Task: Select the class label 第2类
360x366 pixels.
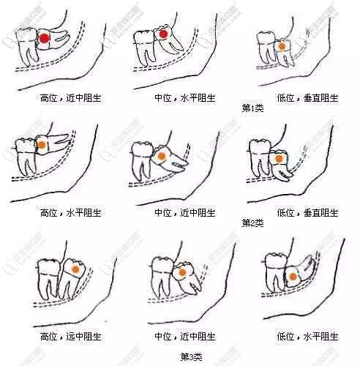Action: [252, 223]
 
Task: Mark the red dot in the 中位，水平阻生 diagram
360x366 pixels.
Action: [164, 34]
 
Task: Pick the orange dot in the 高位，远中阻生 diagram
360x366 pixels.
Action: [75, 270]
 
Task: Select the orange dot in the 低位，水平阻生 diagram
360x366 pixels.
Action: [291, 277]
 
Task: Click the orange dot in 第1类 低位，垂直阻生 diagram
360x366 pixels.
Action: [282, 45]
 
